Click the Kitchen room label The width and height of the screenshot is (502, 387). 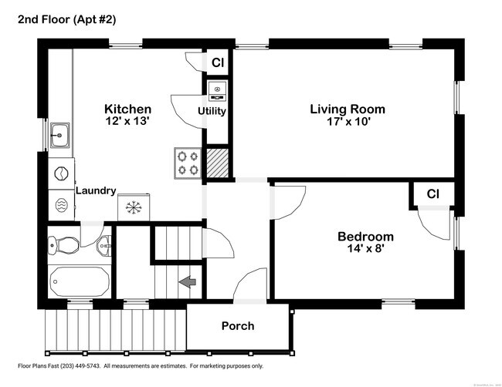(127, 109)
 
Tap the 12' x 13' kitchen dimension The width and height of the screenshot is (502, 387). (127, 121)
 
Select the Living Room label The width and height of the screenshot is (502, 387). (348, 109)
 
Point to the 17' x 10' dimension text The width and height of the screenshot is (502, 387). (348, 121)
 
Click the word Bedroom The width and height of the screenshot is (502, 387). (365, 237)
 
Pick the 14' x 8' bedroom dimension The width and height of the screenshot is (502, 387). (365, 249)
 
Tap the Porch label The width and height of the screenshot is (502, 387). (238, 325)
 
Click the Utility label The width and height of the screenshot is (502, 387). (212, 111)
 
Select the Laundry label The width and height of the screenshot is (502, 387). (96, 190)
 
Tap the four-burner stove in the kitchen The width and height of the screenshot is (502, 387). (188, 162)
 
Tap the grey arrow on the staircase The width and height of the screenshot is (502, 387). (187, 283)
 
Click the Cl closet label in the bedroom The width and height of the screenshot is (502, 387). (433, 193)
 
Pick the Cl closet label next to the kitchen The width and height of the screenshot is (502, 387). (218, 62)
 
